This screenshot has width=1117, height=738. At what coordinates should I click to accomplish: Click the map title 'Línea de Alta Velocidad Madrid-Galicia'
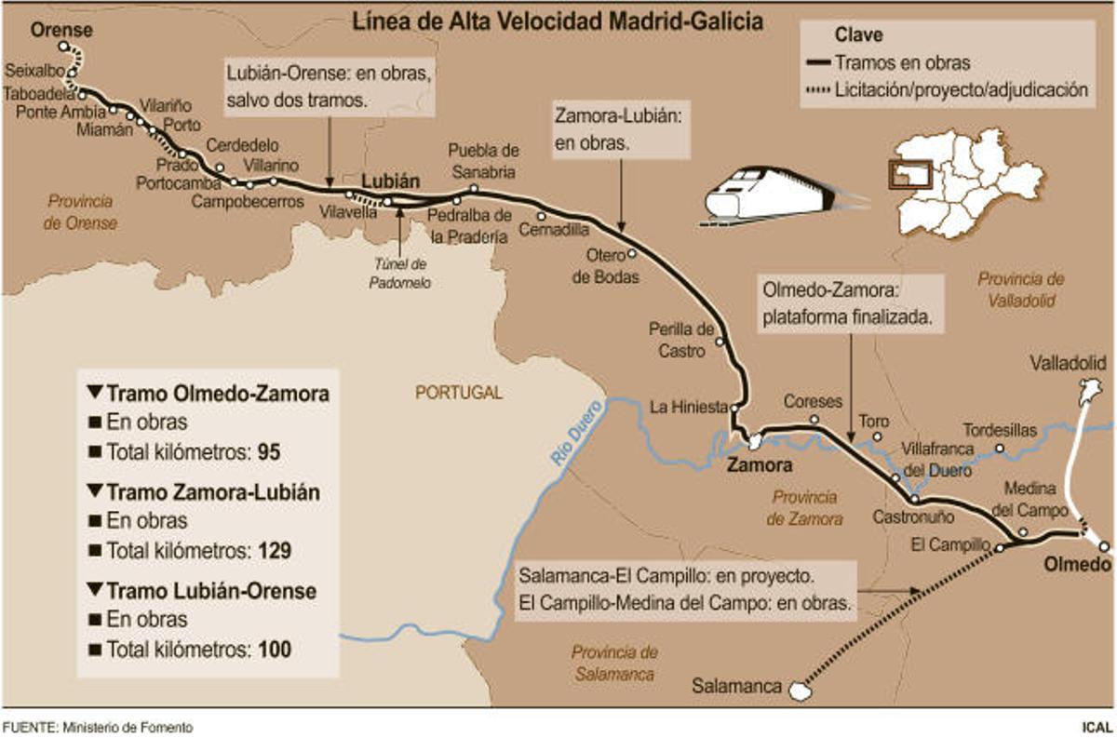click(557, 22)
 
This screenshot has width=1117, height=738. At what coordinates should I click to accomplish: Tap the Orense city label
click(61, 30)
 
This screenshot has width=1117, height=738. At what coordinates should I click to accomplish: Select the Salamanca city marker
click(798, 690)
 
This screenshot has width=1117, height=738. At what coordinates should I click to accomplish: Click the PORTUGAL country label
click(458, 393)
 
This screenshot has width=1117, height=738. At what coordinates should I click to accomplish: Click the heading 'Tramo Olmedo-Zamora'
click(209, 394)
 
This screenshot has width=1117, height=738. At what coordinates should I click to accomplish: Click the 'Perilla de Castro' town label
click(682, 340)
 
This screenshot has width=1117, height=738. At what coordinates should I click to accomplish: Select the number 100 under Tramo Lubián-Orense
click(275, 650)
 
